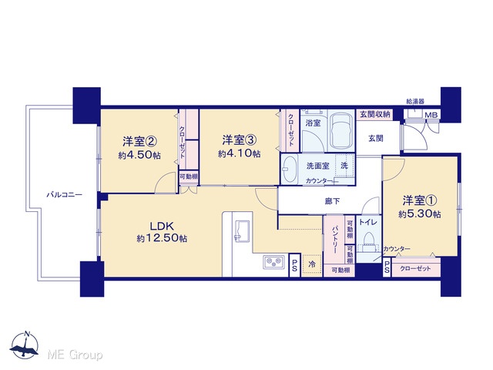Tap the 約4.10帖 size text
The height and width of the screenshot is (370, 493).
pyautogui.click(x=240, y=153)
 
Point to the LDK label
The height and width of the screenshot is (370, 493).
pyautogui.click(x=162, y=226)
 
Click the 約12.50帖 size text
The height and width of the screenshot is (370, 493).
pyautogui.click(x=162, y=238)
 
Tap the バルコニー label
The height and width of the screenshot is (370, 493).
pyautogui.click(x=65, y=195)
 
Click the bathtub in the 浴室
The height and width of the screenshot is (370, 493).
pyautogui.click(x=341, y=130)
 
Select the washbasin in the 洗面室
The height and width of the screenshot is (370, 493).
pyautogui.click(x=290, y=169)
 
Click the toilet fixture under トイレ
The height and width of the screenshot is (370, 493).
pyautogui.click(x=368, y=241)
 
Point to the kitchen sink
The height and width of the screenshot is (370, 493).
pyautogui.click(x=242, y=230)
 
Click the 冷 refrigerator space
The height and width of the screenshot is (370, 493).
pyautogui.click(x=312, y=264)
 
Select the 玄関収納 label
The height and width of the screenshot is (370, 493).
pyautogui.click(x=375, y=114)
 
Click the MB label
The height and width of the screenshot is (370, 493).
pyautogui.click(x=431, y=115)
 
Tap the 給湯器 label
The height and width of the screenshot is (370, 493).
pyautogui.click(x=415, y=101)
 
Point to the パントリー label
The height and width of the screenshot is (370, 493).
pyautogui.click(x=334, y=239)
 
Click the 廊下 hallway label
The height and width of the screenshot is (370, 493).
pyautogui.click(x=332, y=201)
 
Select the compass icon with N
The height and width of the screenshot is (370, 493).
pyautogui.click(x=24, y=345)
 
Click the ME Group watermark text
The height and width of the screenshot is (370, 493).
pyautogui.click(x=75, y=355)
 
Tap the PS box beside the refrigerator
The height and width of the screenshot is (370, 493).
pyautogui.click(x=294, y=265)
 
